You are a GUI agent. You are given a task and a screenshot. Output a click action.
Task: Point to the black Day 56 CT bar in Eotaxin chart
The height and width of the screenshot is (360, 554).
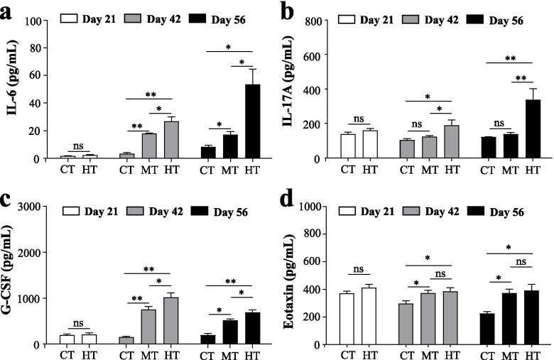(x=487, y=329)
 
